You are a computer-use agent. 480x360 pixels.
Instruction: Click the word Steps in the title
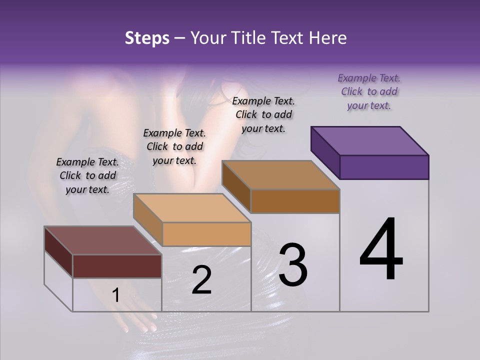(x=147, y=38)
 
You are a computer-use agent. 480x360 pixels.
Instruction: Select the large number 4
(x=381, y=250)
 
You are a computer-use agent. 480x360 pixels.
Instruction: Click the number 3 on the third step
(x=293, y=265)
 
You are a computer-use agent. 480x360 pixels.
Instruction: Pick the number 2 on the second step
(x=201, y=280)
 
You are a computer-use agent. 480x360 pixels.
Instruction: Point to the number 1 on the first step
(x=115, y=295)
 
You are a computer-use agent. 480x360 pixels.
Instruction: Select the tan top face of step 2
(x=192, y=208)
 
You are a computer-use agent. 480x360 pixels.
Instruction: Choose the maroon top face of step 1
(x=103, y=240)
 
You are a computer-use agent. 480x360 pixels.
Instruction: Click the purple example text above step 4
(x=369, y=92)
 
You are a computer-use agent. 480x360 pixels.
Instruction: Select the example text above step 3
(x=263, y=114)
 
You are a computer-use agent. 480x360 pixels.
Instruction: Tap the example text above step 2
(x=174, y=147)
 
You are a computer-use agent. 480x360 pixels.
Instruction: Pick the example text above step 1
(x=87, y=175)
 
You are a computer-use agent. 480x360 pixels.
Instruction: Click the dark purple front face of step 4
(x=384, y=167)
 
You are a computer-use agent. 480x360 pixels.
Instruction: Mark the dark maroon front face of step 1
(x=117, y=266)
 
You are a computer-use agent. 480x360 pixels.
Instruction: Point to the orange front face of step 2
(x=206, y=234)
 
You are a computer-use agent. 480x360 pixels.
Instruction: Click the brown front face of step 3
(x=295, y=201)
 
